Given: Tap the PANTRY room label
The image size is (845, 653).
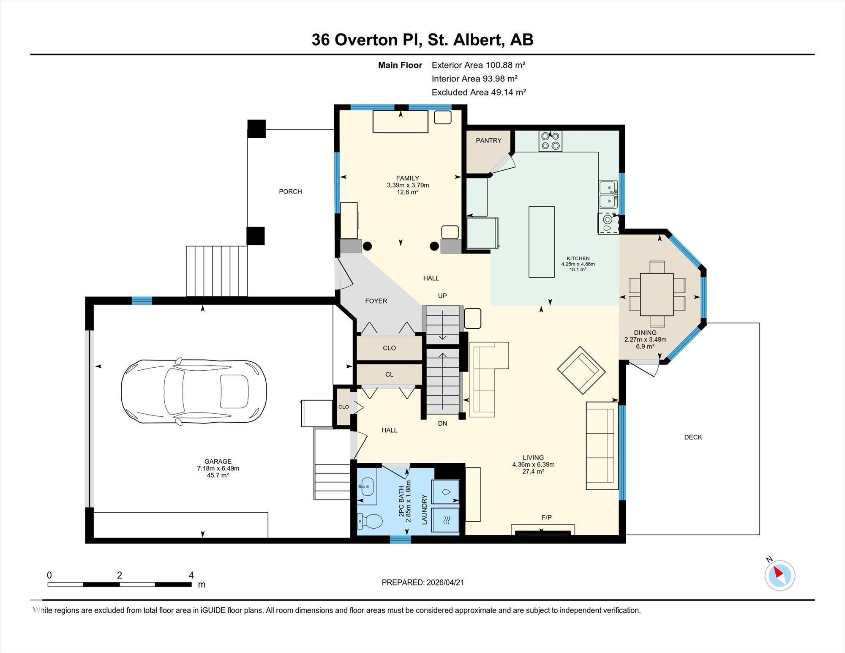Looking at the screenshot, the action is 488,141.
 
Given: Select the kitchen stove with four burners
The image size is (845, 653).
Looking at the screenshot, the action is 550,141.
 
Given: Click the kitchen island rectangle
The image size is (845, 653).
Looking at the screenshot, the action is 542,242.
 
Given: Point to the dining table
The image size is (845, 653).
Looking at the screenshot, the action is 657,295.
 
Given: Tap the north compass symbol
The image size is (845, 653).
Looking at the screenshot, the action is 780,575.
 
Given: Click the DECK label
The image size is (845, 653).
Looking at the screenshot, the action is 693,437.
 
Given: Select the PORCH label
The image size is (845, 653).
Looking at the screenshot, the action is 290,192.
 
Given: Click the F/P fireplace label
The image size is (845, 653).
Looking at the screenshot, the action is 547,517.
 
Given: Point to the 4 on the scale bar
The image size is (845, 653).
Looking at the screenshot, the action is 191,575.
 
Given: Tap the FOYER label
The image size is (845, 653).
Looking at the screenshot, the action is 376,301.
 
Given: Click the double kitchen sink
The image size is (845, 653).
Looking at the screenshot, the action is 608,194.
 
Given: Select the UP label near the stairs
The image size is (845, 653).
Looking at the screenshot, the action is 442,296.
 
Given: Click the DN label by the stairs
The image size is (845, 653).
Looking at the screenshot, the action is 442,423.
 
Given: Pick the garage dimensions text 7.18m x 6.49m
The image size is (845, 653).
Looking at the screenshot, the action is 218,468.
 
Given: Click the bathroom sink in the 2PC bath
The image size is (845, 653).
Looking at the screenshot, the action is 366,487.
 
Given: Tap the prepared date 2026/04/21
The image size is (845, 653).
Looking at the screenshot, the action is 445,582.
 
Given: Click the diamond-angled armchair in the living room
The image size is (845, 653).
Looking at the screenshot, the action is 581,371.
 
